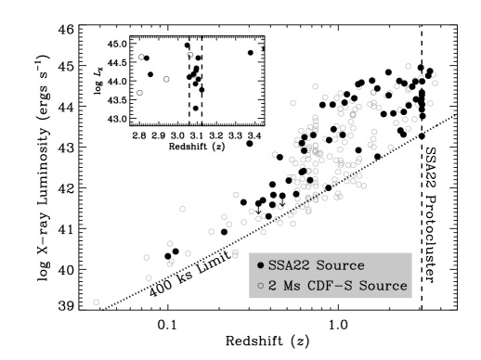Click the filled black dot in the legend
pos(261,266)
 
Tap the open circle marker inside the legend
pos(261,286)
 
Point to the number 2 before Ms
pos(272,286)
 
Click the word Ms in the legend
pos(290,286)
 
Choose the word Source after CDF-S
pos(382,286)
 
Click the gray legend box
pos(330,276)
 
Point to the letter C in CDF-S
pos(309,286)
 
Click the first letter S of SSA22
pos(272,265)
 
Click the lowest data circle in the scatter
pos(97,302)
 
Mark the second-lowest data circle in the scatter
pos(149,277)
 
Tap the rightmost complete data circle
pos(435,83)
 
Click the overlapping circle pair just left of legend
pos(235,253)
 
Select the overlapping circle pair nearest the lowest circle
pos(171,263)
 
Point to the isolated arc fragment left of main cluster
pos(247,142)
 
